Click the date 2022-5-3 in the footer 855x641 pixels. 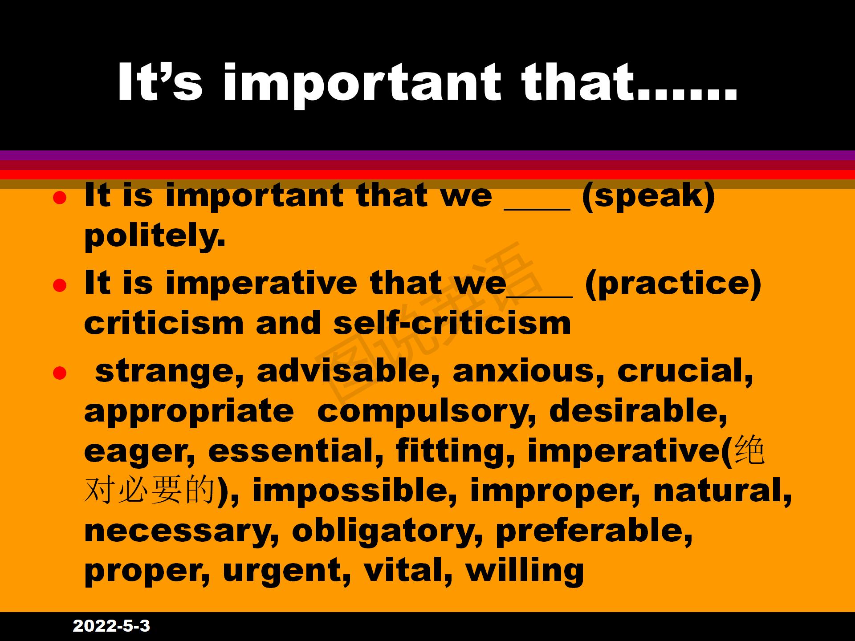point(111,626)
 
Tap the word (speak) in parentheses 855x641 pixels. point(648,196)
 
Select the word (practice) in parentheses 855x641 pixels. point(673,284)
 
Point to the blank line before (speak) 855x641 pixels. point(537,209)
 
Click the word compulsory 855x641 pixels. point(427,412)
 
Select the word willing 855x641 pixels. point(525,571)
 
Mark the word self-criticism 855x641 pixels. point(452,323)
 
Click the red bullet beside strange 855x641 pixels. point(60,373)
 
